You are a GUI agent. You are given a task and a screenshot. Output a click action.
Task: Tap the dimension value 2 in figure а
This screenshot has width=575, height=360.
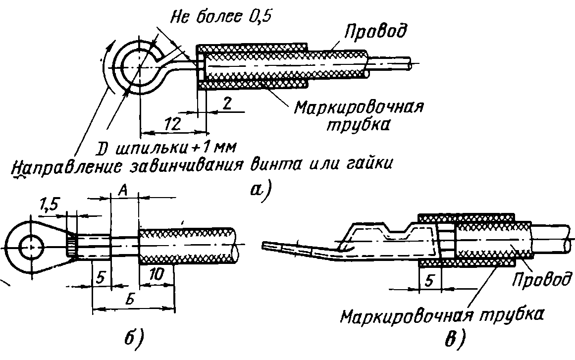[227, 104]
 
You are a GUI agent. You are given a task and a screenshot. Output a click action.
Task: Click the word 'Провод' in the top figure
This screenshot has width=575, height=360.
[375, 32]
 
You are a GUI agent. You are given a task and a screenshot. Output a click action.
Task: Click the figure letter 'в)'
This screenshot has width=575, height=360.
[455, 339]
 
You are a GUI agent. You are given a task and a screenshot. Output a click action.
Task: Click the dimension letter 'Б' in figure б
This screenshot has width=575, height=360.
[131, 300]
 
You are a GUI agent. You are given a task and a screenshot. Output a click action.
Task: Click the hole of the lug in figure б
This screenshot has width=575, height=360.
[32, 248]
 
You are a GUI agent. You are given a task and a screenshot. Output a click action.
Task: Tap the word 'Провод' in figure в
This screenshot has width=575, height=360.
[542, 279]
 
